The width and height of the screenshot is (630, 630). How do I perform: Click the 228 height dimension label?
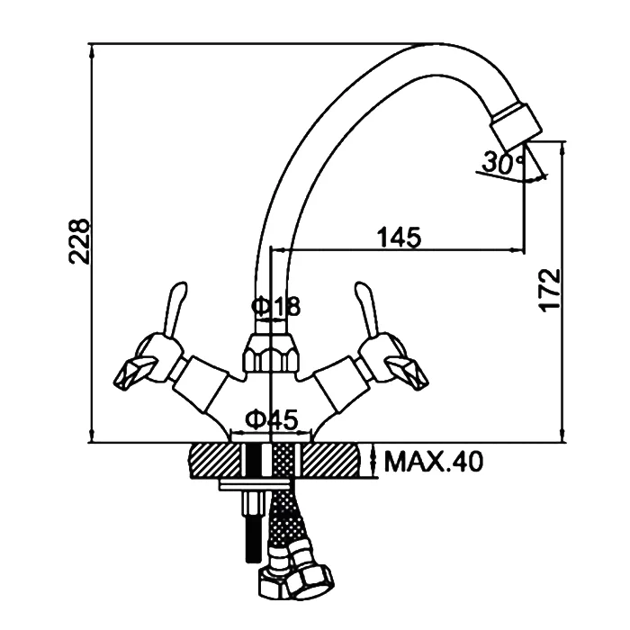click(79, 241)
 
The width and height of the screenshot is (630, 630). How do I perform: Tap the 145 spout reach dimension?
click(399, 238)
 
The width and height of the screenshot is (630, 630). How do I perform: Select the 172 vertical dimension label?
click(549, 290)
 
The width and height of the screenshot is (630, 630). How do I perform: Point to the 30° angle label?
click(503, 162)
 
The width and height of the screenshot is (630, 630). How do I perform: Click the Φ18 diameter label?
click(276, 306)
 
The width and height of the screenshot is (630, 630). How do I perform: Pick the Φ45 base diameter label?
click(273, 419)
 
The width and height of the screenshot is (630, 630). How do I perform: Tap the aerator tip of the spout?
click(517, 123)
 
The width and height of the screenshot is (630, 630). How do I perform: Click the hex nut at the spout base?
click(271, 353)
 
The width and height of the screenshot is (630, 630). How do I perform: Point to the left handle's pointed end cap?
click(134, 373)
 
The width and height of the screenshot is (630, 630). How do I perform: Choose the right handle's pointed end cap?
click(407, 373)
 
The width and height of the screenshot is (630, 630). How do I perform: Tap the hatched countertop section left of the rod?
click(215, 461)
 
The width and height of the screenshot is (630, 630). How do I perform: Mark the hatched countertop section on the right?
click(330, 461)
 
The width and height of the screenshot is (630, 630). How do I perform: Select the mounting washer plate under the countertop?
click(255, 485)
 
